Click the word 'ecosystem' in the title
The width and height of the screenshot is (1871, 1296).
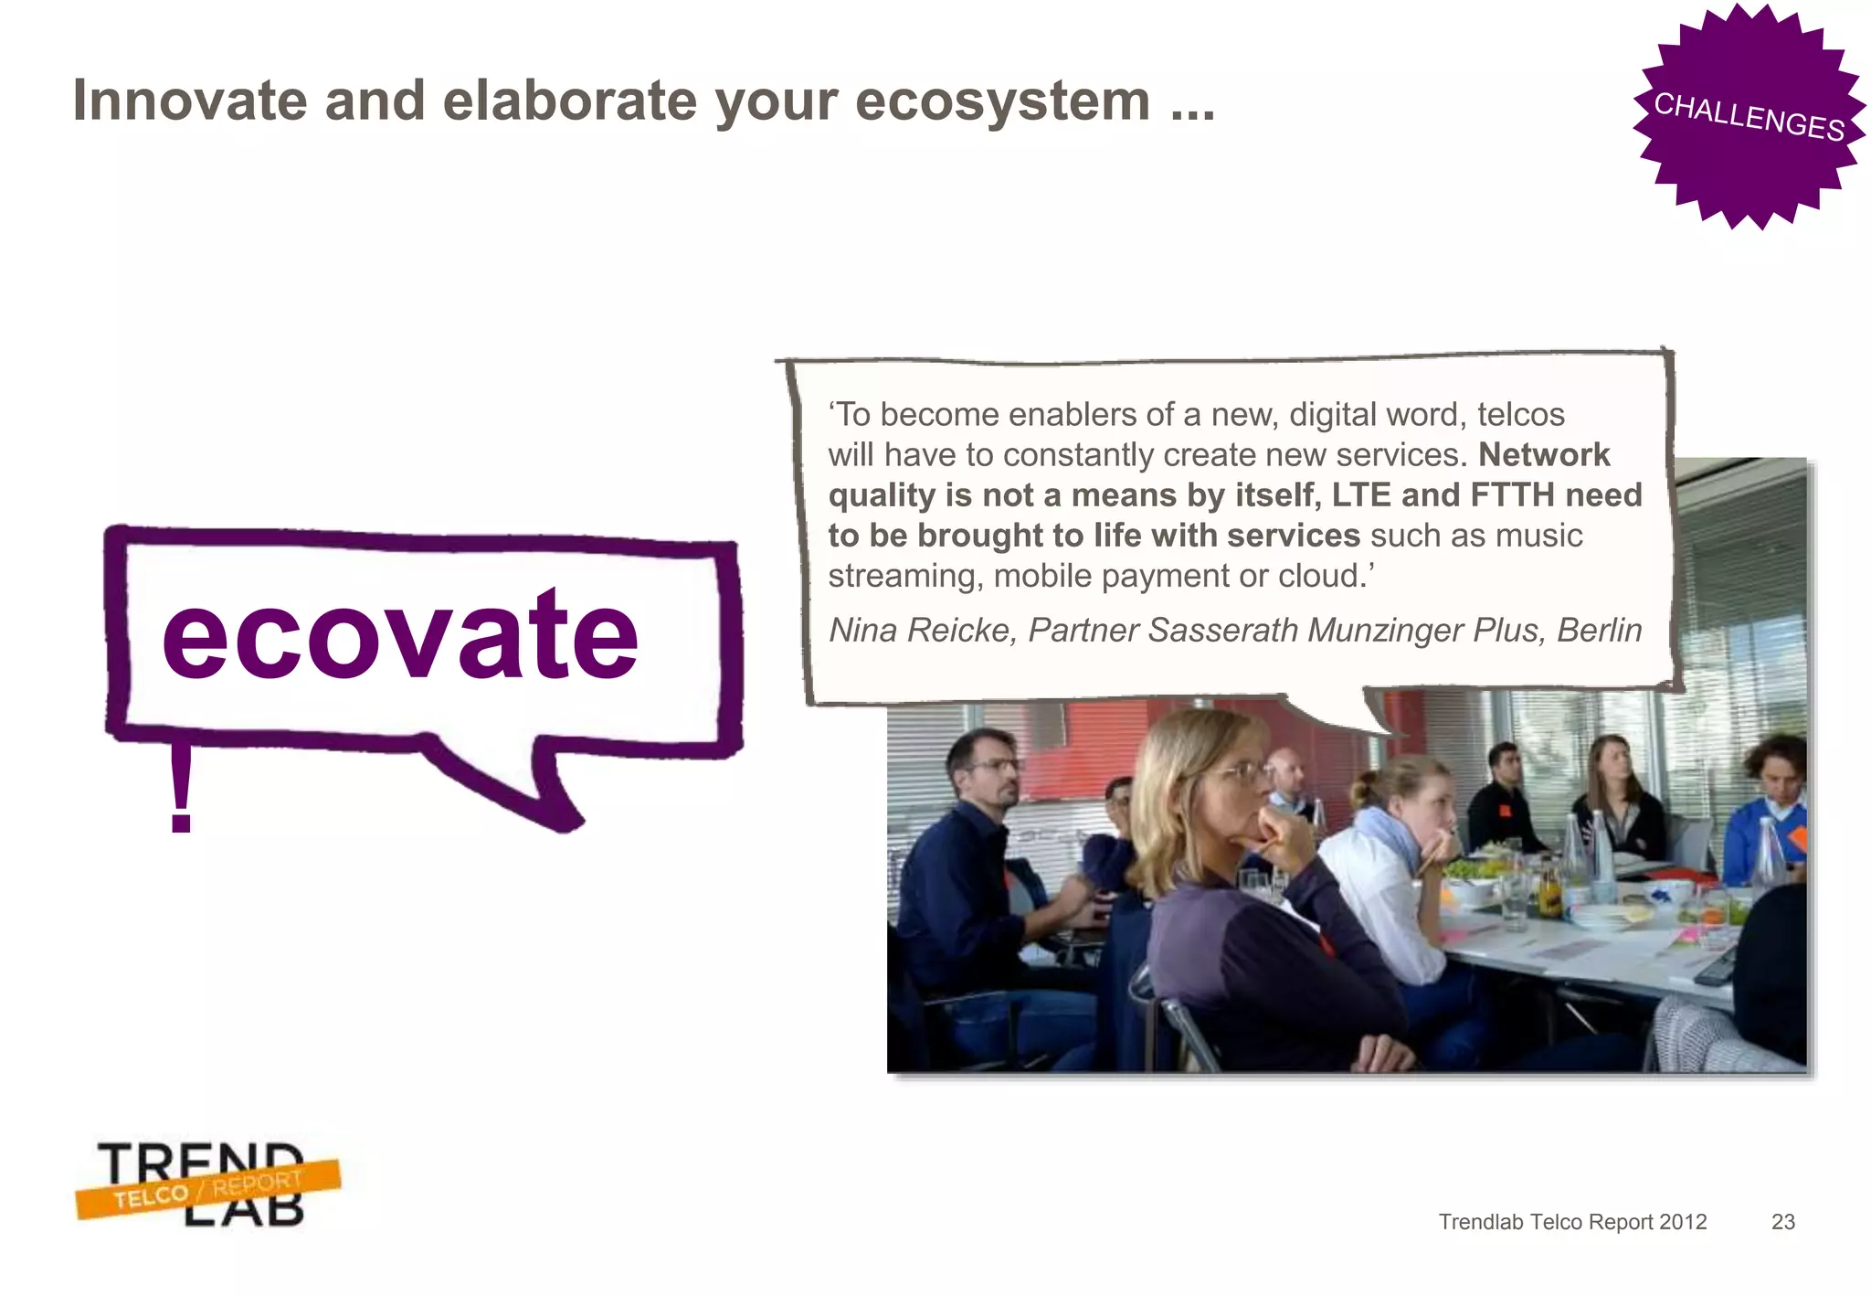pyautogui.click(x=1002, y=101)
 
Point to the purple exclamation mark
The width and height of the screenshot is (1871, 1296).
pyautogui.click(x=181, y=788)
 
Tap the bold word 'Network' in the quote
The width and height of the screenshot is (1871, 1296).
pyautogui.click(x=1543, y=454)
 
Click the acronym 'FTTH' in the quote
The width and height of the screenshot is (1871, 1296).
pyautogui.click(x=1512, y=494)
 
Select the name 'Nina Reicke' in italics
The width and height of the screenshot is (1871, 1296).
pyautogui.click(x=922, y=630)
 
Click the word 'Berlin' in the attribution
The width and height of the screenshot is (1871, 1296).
pyautogui.click(x=1599, y=630)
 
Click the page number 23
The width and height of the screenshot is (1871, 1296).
pyautogui.click(x=1782, y=1222)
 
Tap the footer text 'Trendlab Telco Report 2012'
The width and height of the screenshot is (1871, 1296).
pyautogui.click(x=1572, y=1222)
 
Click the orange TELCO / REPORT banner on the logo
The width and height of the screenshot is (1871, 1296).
pyautogui.click(x=208, y=1189)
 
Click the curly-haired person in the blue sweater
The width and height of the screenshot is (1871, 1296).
pyautogui.click(x=1772, y=804)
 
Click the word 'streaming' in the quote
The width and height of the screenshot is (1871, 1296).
pyautogui.click(x=905, y=576)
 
